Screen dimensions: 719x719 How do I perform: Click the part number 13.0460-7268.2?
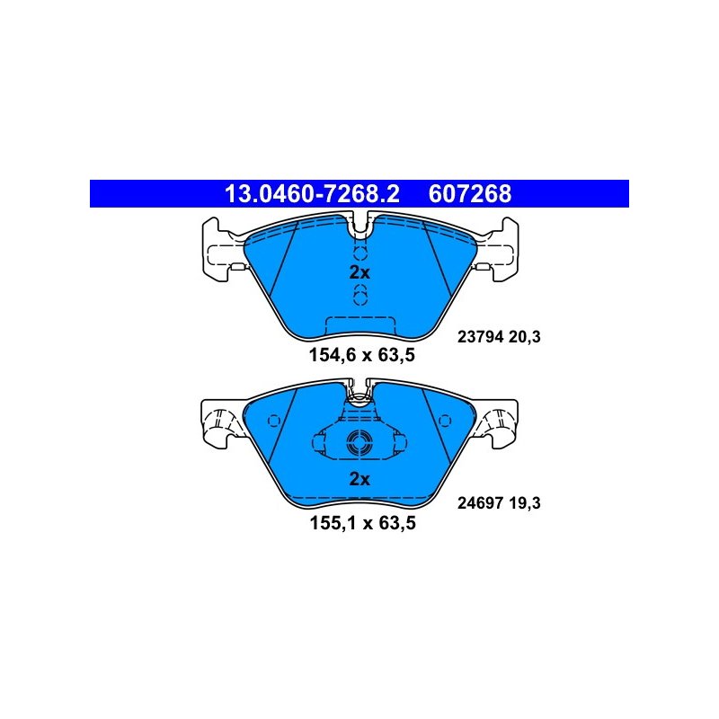point(312,193)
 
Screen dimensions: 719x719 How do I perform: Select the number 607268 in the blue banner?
point(469,193)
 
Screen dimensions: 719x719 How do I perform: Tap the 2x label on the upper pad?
point(359,273)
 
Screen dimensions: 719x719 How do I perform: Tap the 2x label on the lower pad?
point(359,479)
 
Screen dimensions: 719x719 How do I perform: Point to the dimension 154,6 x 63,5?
point(362,355)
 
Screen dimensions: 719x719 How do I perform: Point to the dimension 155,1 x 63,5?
point(363,523)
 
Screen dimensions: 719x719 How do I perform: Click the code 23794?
point(480,337)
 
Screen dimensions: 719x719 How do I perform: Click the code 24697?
point(480,503)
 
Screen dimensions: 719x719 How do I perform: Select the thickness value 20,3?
point(525,337)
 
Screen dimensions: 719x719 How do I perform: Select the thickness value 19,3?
point(525,503)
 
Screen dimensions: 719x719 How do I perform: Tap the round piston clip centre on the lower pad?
point(359,443)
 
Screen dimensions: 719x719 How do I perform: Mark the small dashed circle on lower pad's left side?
point(274,421)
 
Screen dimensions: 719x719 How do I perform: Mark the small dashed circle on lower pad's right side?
point(445,421)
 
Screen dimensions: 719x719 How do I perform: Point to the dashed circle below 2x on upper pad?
point(360,295)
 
